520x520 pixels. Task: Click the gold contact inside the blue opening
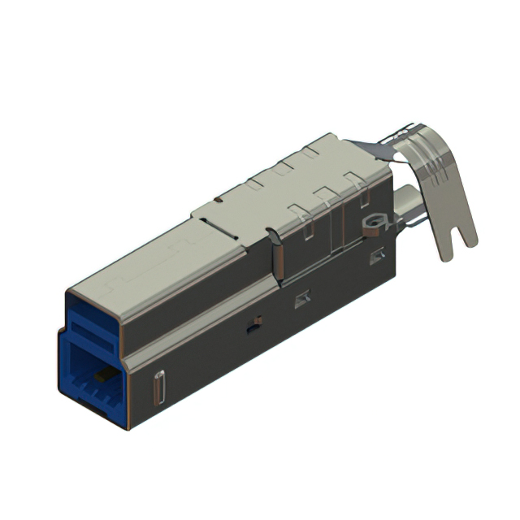(101, 376)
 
